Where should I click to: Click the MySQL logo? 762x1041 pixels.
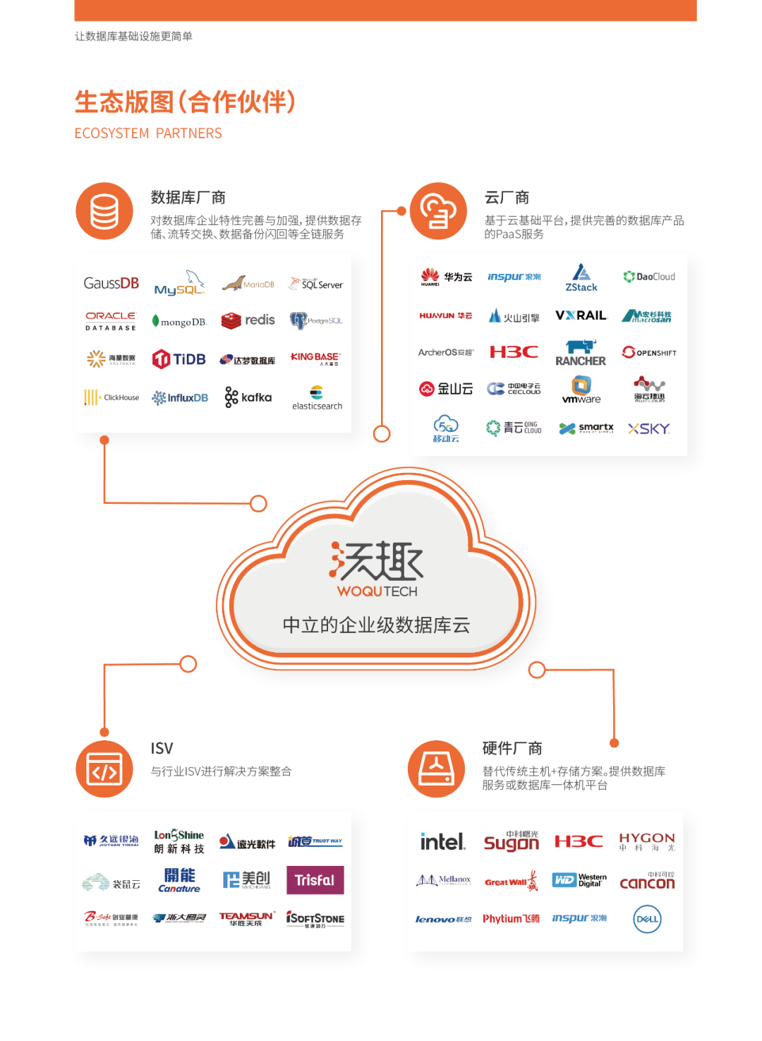click(179, 284)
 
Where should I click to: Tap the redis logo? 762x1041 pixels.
click(248, 320)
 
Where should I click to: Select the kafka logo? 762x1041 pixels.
click(248, 397)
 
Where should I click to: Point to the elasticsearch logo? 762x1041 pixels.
click(317, 398)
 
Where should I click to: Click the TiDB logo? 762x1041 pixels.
click(179, 359)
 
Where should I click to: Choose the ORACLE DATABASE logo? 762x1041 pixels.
click(111, 321)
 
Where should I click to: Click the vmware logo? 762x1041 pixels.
click(581, 390)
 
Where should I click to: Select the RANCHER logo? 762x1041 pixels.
click(581, 353)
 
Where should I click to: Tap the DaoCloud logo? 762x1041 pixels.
click(649, 277)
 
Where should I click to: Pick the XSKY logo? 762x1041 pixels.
click(649, 428)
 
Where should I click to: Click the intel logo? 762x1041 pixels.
click(442, 841)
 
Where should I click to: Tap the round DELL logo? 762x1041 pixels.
click(647, 919)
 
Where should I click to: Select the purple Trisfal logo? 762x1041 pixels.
click(315, 880)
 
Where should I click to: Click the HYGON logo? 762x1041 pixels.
click(647, 841)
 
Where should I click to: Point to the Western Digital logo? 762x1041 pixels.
click(579, 880)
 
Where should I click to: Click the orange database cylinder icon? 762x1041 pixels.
click(104, 212)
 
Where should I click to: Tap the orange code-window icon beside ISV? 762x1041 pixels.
click(104, 769)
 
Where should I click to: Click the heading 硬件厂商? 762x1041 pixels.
click(512, 748)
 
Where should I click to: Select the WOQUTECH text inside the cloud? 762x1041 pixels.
click(377, 591)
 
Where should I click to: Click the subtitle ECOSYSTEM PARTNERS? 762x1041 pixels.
click(148, 133)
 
